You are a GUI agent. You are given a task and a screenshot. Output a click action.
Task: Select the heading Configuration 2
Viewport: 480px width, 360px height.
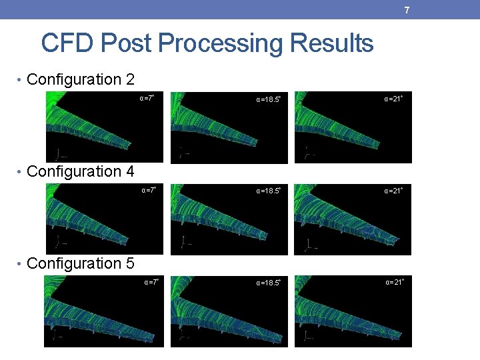81,80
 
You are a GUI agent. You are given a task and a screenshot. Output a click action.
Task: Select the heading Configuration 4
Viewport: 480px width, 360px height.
81,172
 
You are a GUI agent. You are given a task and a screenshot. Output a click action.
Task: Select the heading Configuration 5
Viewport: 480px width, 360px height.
81,263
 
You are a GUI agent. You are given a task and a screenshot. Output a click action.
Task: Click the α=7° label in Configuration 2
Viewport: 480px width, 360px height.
147,98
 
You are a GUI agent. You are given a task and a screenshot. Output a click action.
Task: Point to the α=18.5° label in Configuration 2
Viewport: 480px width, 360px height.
268,100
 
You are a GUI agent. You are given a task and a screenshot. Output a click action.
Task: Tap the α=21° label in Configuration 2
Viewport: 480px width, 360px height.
393,99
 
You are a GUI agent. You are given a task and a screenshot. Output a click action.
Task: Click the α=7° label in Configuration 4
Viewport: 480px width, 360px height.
148,190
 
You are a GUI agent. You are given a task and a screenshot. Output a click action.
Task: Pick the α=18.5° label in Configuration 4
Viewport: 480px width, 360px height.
268,191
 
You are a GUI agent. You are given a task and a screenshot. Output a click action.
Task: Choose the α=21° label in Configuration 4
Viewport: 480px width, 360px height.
393,191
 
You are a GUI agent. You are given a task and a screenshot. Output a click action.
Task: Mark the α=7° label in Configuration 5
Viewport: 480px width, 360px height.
151,282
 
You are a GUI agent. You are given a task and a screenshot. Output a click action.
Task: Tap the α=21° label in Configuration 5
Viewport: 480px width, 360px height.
394,282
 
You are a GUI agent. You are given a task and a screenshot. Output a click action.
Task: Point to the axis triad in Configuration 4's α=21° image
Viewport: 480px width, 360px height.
309,245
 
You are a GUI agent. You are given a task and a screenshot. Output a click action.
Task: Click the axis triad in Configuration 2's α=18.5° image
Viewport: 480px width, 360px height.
182,153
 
